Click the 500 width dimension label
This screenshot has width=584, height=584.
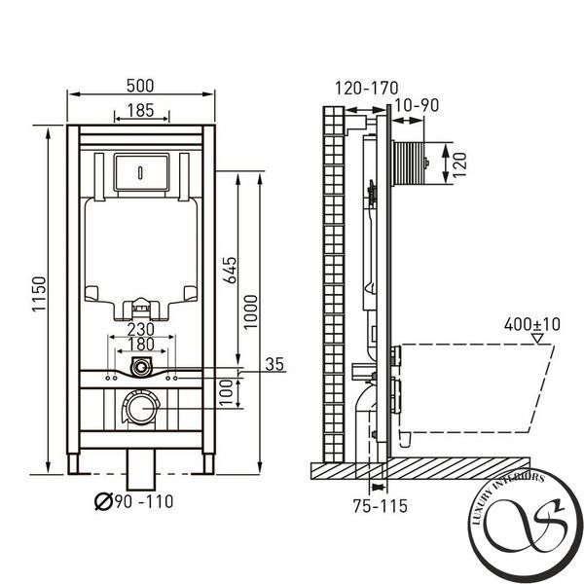(x=140, y=86)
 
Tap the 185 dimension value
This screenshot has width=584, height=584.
(x=140, y=110)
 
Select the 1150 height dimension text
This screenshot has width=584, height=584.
(x=39, y=294)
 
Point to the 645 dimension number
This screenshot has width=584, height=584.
(x=230, y=270)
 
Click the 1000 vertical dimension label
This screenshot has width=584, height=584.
(x=251, y=311)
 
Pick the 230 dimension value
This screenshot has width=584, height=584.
(x=141, y=329)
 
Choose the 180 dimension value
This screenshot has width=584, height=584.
(x=141, y=345)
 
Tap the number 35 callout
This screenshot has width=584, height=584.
(x=274, y=364)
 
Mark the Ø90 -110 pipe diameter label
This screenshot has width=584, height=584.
(x=134, y=501)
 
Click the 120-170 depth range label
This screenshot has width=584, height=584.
(x=367, y=89)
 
